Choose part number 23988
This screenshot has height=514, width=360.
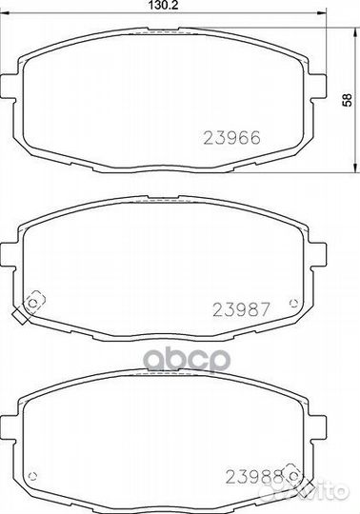tap(250, 476)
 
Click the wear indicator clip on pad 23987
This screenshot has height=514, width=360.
tap(33, 303)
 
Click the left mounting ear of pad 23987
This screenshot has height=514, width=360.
tap(11, 255)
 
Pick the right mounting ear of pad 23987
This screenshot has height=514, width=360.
tap(323, 255)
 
